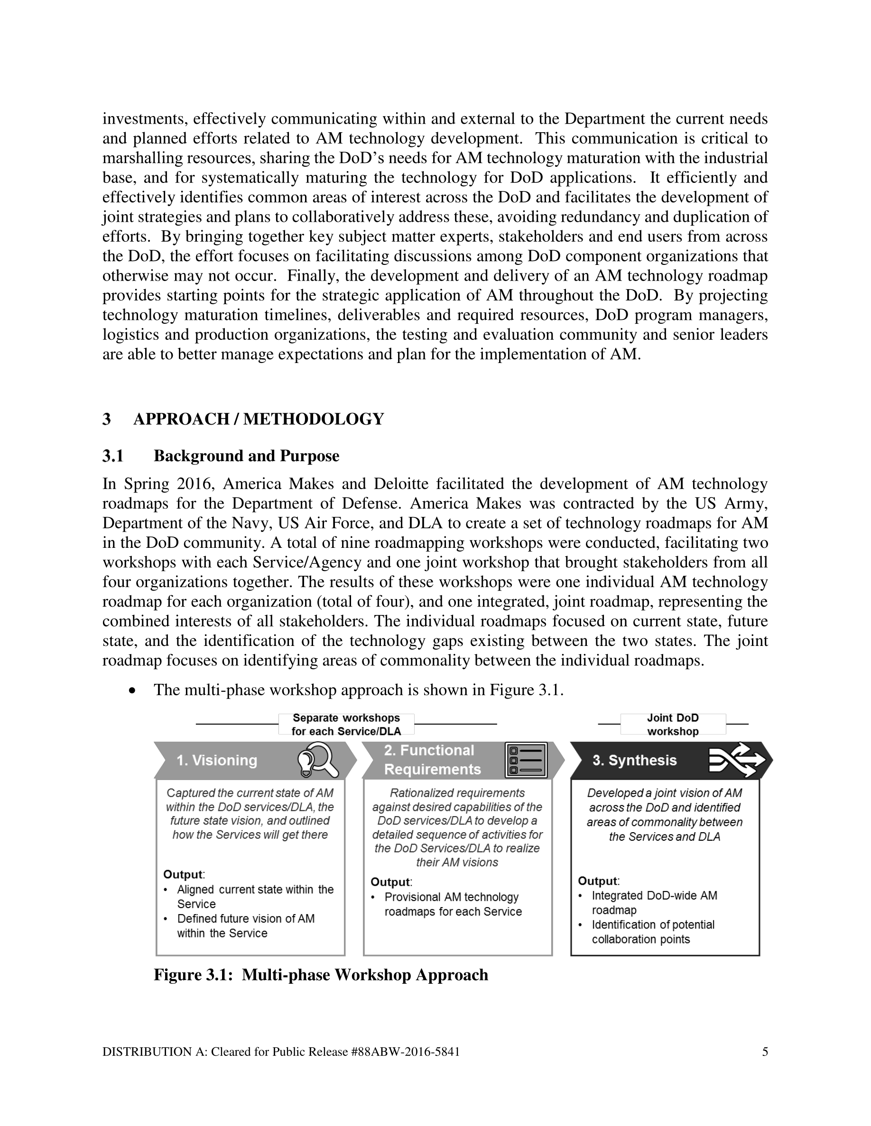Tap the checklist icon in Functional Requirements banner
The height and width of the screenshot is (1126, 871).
tap(526, 760)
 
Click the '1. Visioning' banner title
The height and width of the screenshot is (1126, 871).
tap(217, 761)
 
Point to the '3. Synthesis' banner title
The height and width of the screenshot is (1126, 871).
tap(634, 761)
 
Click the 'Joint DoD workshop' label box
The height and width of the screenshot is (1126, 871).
tap(673, 725)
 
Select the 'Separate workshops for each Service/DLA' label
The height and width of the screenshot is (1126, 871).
tap(346, 725)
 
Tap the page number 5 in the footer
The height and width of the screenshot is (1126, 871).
tap(765, 1052)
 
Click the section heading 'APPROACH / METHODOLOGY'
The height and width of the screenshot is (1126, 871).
tap(259, 419)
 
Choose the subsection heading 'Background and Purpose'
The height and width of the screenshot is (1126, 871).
tap(246, 456)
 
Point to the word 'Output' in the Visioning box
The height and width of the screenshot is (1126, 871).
tap(183, 874)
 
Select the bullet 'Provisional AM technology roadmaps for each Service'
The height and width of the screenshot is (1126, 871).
tap(453, 904)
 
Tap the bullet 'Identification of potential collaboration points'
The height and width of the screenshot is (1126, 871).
tap(652, 932)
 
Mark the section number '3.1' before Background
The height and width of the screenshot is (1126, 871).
tap(113, 456)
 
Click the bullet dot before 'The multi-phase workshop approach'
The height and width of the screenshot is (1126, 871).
tap(133, 690)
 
